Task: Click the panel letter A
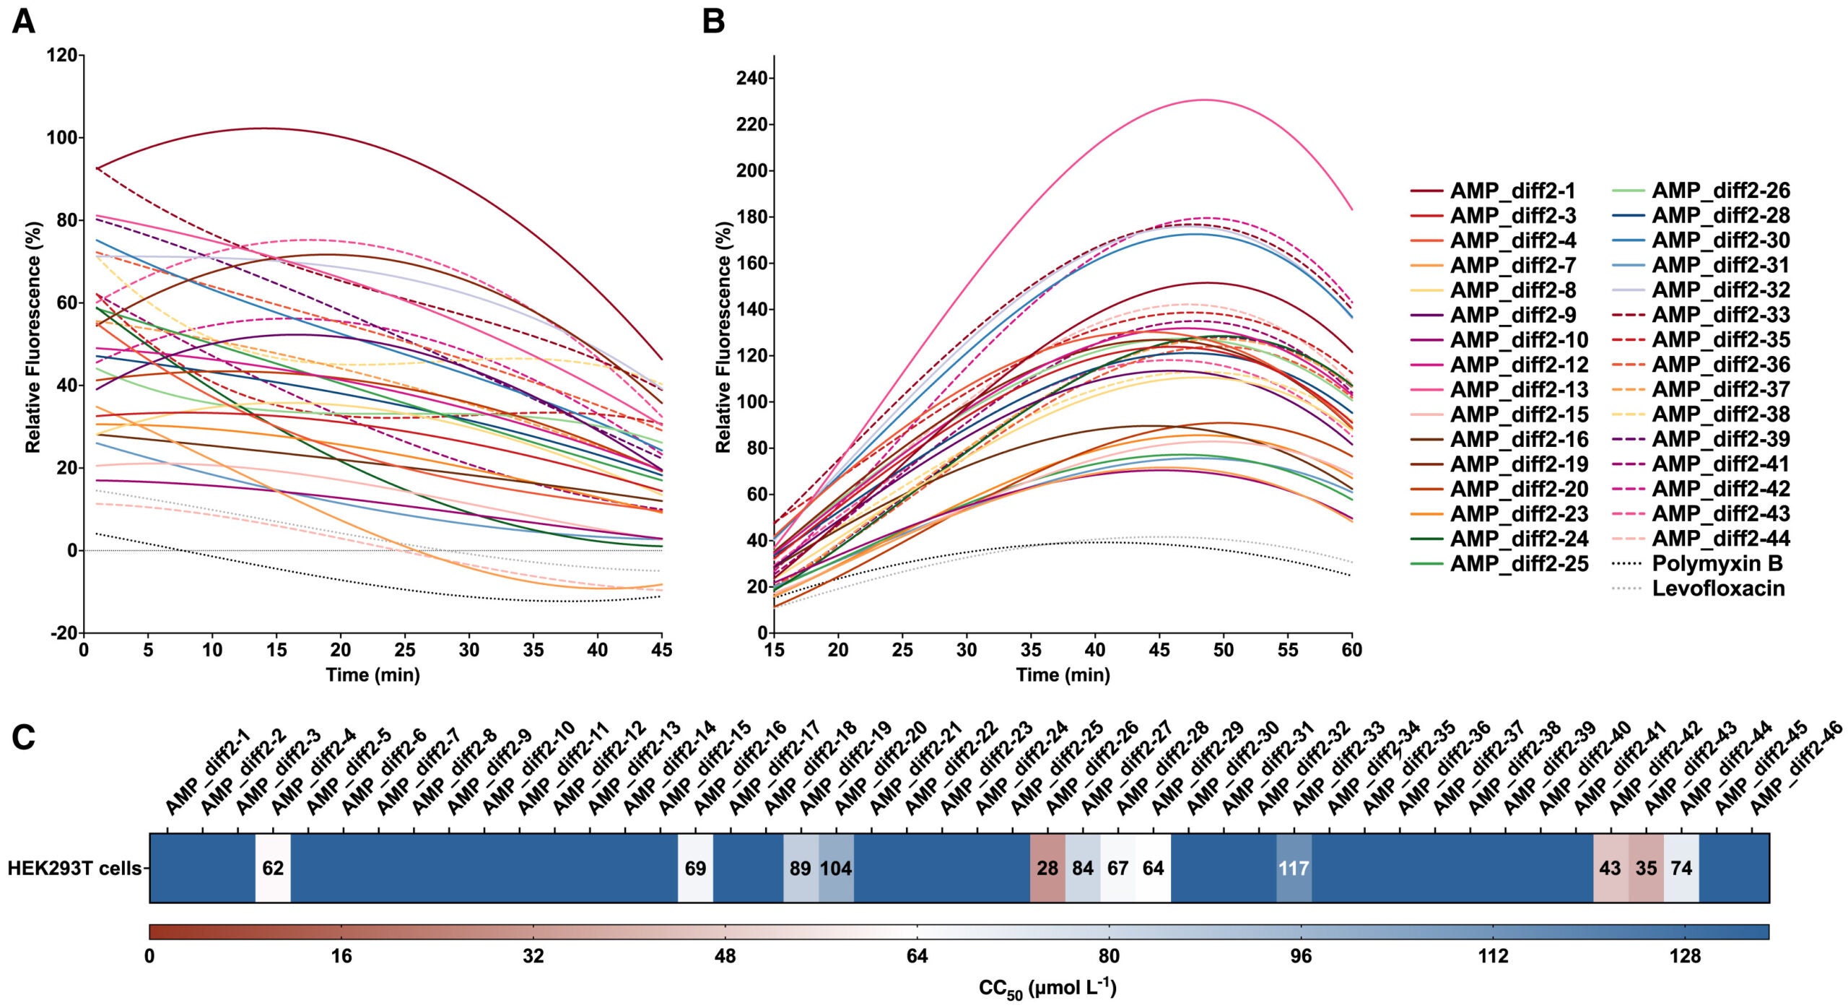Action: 23,22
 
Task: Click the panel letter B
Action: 713,22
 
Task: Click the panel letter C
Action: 23,738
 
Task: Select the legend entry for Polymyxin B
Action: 1717,563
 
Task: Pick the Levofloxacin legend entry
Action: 1718,588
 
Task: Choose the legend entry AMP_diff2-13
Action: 1519,390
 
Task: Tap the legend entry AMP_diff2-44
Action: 1720,539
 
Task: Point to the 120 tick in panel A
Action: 61,55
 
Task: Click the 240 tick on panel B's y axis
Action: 751,78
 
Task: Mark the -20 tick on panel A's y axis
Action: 63,633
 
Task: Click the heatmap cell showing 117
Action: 1294,868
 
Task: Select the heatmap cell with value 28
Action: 1047,868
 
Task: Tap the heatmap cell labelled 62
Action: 273,868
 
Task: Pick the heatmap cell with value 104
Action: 836,868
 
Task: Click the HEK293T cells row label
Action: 74,868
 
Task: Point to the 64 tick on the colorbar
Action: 917,957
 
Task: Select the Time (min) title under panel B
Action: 1063,675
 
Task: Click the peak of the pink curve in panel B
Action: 1204,100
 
